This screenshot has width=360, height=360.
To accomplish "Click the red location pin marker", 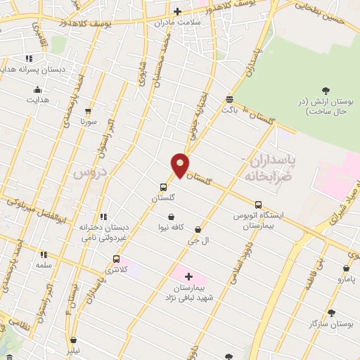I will point(180,165).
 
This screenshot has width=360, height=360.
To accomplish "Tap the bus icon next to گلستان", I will point(164,187).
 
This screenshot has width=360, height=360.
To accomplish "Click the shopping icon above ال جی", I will point(198,229).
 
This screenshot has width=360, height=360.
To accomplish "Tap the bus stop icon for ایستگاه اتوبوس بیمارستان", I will point(258,205).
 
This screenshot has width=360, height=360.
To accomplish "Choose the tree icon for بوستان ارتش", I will point(325,89).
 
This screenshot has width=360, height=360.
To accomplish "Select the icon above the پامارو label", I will point(346,268).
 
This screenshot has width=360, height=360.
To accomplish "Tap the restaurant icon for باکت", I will point(229,99).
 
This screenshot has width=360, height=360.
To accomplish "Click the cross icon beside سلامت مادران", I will point(178,11).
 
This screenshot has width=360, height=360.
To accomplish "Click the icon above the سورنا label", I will point(88,111).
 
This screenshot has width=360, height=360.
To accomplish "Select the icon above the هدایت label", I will point(37,89).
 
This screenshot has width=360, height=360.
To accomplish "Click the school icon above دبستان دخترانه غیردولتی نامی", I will point(103,217).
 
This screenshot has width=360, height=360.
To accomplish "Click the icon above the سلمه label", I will point(44,255).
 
